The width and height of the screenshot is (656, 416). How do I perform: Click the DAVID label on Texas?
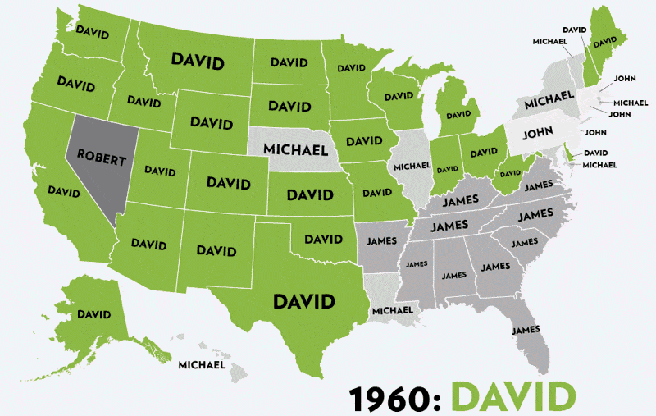click(x=304, y=301)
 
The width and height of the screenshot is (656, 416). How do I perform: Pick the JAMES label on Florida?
click(x=526, y=330)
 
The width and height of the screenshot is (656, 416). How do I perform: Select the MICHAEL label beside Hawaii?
click(x=201, y=364)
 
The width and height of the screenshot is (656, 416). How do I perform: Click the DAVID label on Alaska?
click(x=93, y=313)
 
